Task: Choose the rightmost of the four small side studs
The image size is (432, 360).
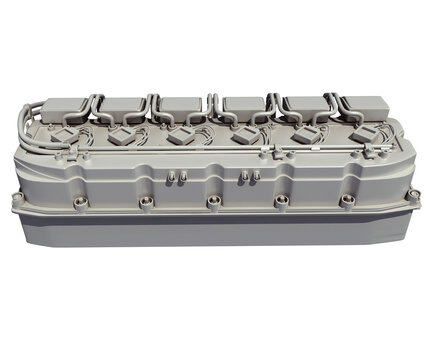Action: (257, 176)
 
